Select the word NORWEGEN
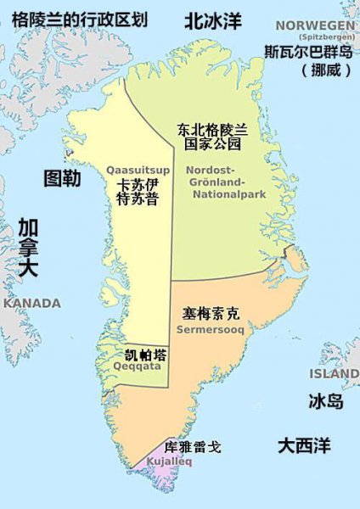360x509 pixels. point(310,27)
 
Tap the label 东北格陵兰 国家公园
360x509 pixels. point(212,137)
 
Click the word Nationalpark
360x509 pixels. point(218,195)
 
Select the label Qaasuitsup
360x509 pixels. point(137,171)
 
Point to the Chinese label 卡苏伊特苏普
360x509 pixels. point(137,192)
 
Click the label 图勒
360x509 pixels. point(62,178)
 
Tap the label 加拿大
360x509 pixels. point(28,247)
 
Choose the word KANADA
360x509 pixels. point(32,304)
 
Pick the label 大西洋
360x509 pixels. point(304,444)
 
